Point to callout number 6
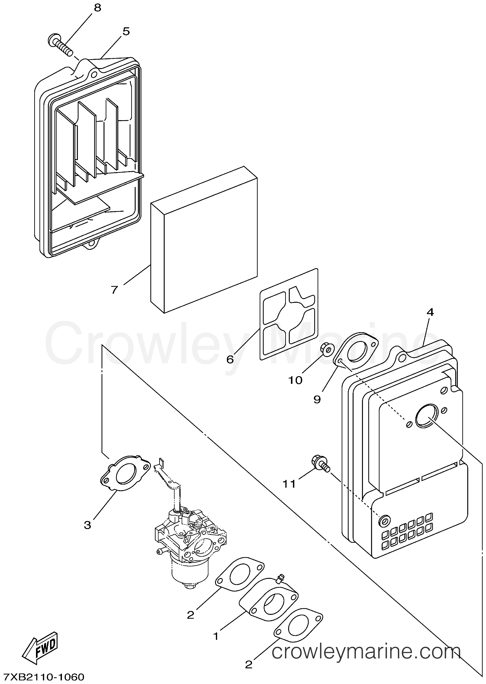tap(230, 359)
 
